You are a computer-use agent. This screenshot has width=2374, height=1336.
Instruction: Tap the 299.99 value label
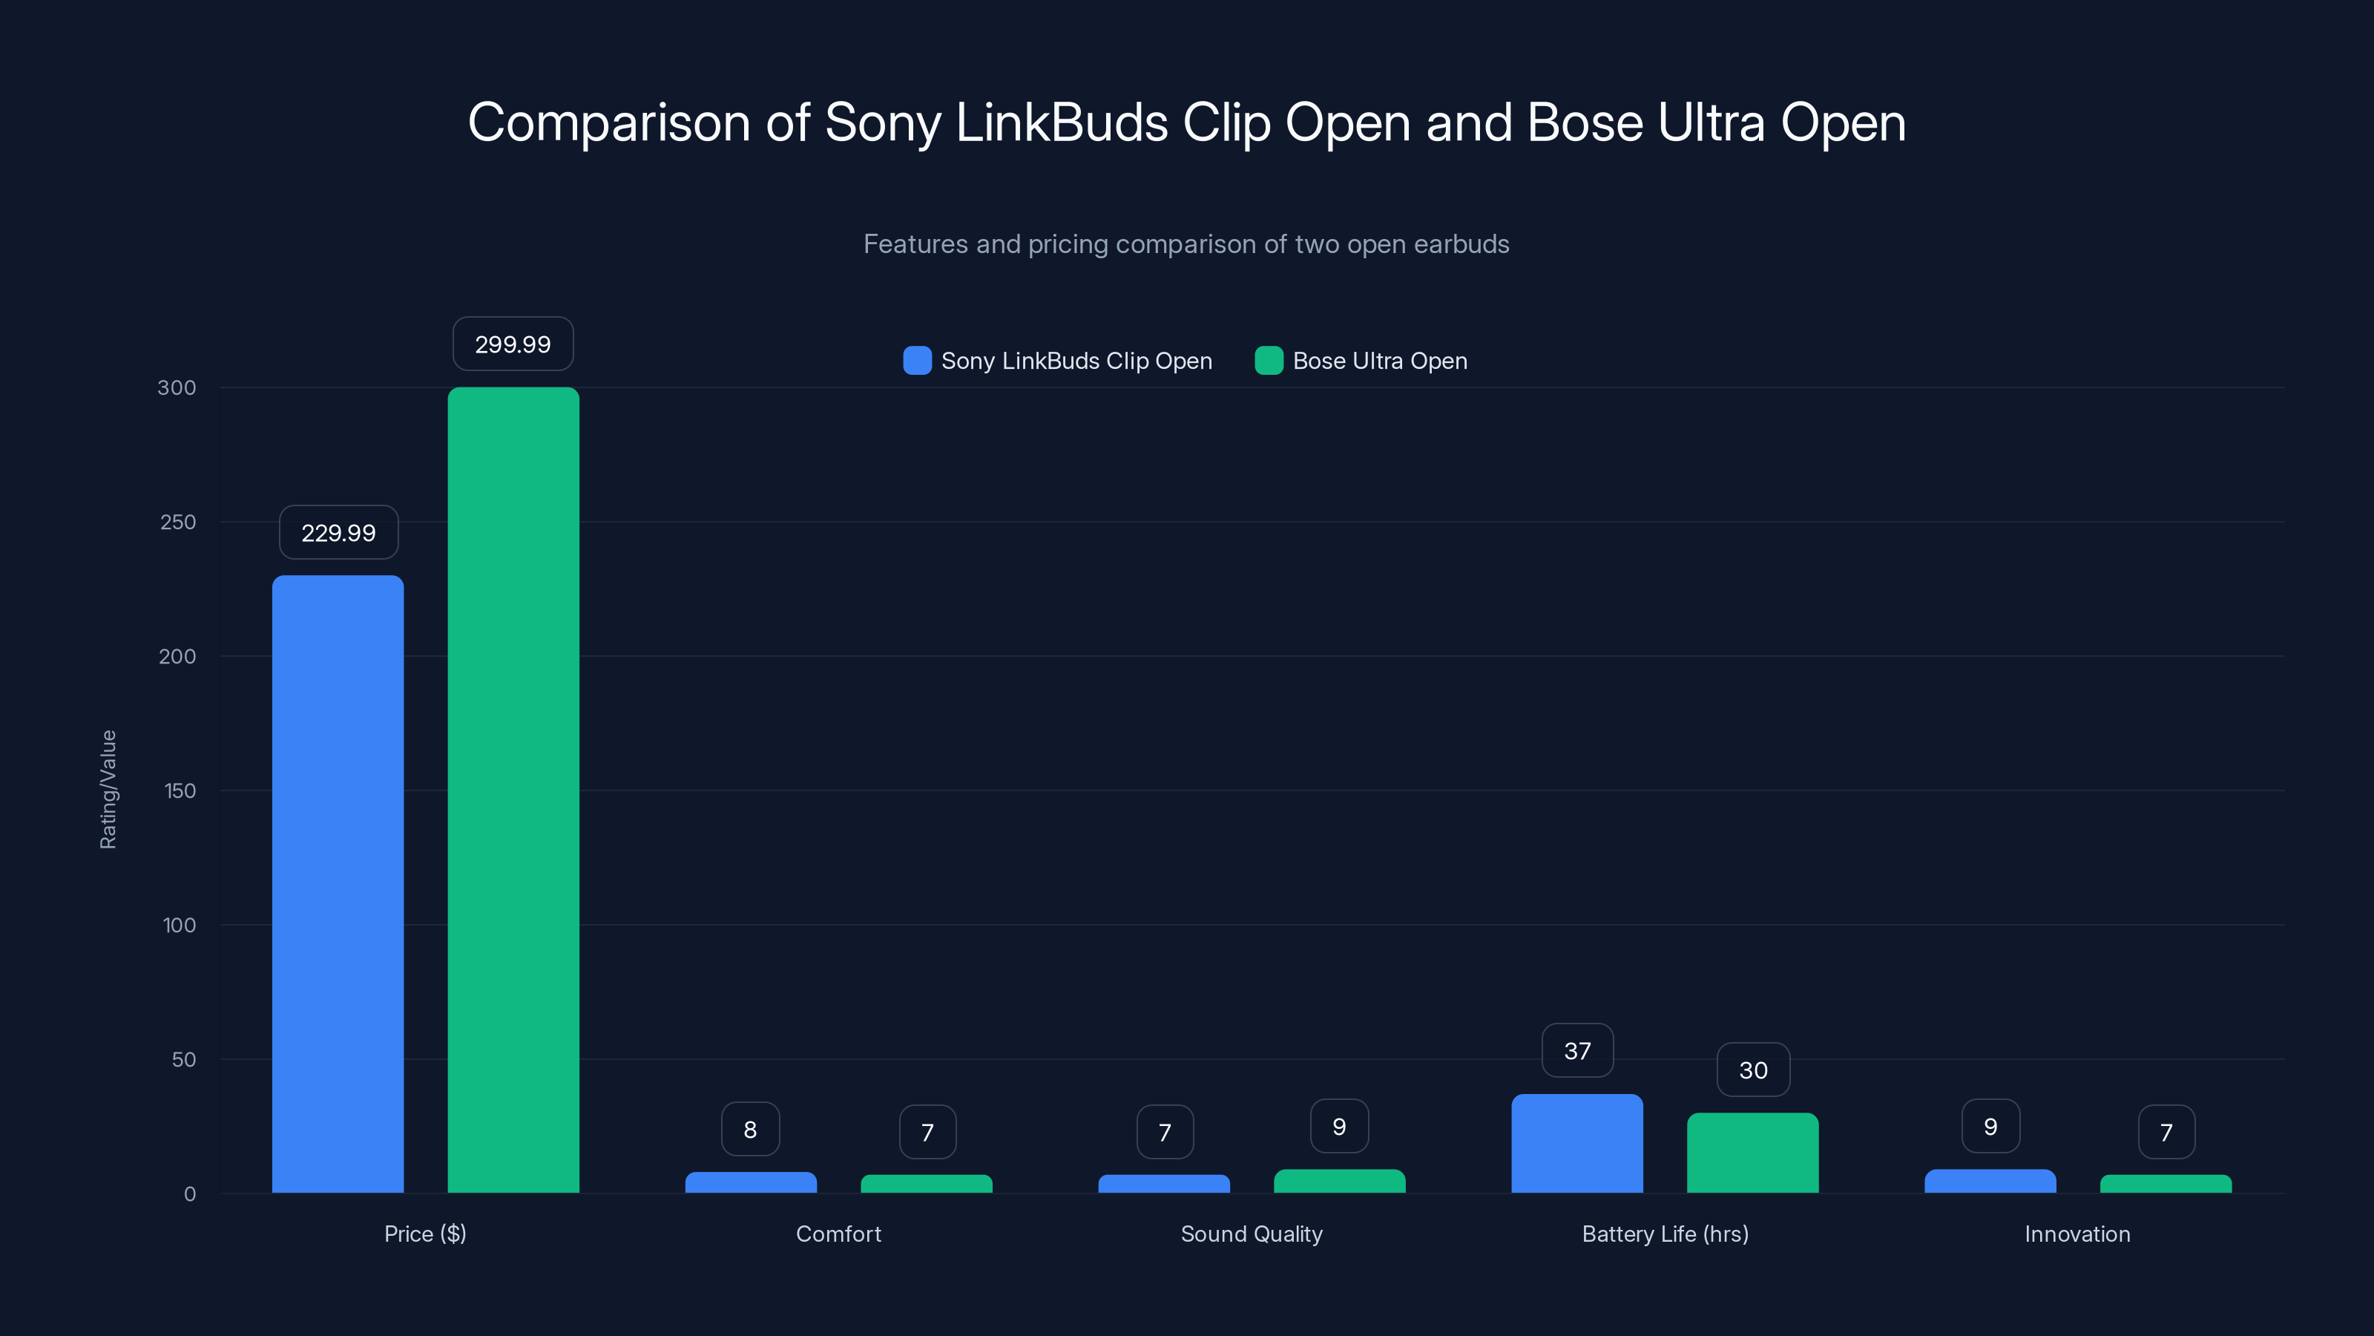[513, 344]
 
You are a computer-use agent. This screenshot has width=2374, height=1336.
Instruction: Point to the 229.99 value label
[338, 532]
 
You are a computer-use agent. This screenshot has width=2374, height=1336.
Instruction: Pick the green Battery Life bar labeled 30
[1752, 1153]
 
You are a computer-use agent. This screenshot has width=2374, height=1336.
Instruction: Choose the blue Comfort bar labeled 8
[750, 1182]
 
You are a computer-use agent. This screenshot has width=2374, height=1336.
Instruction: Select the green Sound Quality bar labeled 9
[1339, 1181]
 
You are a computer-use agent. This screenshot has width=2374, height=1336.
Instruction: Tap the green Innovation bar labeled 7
[2166, 1184]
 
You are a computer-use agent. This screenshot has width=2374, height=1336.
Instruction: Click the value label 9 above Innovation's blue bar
[1990, 1126]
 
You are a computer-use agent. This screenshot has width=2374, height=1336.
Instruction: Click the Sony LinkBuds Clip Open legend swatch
[917, 361]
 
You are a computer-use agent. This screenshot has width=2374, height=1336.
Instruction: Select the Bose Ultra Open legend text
[1380, 361]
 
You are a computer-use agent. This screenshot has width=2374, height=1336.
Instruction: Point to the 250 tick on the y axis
[178, 522]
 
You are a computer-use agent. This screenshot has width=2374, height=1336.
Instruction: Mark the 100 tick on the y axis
[179, 925]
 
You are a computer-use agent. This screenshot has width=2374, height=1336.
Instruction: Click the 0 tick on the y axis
[190, 1194]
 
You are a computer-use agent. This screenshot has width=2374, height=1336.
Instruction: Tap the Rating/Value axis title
[108, 789]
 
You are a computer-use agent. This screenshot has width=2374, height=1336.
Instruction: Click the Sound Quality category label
[1251, 1234]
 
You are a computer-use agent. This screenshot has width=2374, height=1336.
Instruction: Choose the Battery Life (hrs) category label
[1664, 1234]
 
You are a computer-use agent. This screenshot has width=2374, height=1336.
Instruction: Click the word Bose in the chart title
[1584, 122]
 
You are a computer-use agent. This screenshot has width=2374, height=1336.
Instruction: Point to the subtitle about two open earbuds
[1186, 243]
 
